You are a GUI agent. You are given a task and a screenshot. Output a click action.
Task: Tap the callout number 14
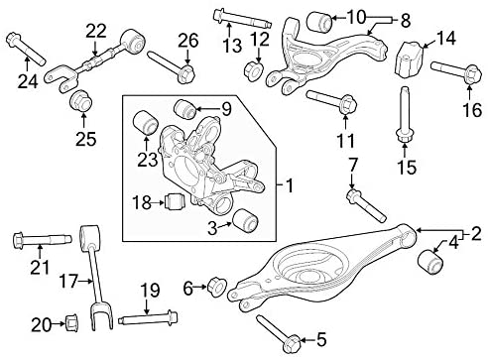click(x=447, y=39)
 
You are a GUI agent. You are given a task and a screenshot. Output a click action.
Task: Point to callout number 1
click(x=288, y=185)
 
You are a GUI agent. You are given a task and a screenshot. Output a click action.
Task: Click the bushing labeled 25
click(x=79, y=102)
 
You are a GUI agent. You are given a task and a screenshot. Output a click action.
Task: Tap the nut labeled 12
click(x=254, y=71)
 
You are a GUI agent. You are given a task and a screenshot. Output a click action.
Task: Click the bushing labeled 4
click(x=431, y=263)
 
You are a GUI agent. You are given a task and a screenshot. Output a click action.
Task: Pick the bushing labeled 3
click(x=245, y=221)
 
